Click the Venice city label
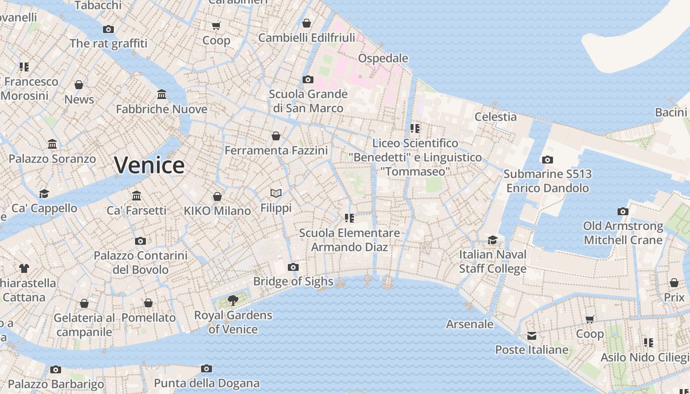[149, 165]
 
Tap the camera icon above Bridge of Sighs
[293, 267]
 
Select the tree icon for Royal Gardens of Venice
[233, 300]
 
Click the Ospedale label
[383, 58]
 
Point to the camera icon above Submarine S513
[547, 160]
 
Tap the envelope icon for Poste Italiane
[532, 336]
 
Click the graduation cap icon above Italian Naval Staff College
[492, 240]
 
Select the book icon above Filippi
[276, 194]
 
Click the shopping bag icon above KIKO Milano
[217, 197]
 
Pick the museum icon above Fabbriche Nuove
[162, 95]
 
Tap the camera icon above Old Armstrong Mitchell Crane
[623, 211]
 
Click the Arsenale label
[470, 324]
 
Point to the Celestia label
[495, 117]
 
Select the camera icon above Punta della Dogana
[207, 368]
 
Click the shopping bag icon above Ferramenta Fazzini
[276, 135]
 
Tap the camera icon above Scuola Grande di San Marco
[308, 79]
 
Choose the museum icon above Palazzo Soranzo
[52, 144]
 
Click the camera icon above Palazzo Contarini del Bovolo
[140, 241]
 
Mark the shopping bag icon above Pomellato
[148, 303]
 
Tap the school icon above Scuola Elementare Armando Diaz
[349, 218]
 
